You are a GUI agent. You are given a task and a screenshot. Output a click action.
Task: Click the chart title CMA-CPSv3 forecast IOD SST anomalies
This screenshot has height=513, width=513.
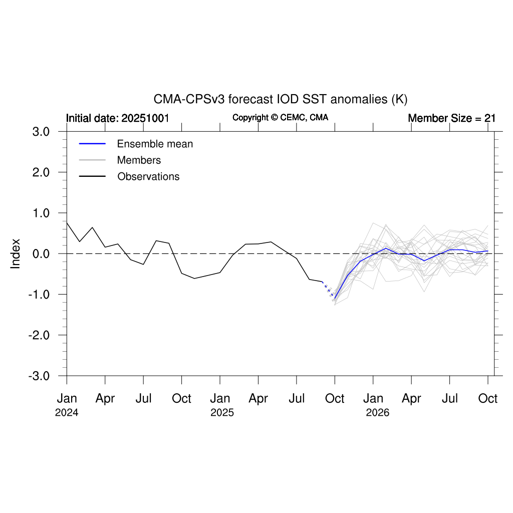280,99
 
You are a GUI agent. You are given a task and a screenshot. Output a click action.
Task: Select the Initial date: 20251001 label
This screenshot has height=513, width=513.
118,118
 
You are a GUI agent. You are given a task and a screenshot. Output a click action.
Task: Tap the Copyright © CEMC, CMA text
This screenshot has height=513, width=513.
281,117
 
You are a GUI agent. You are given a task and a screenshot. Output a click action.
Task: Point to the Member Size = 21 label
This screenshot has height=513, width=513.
451,118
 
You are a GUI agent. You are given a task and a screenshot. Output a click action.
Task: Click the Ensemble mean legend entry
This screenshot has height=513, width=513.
155,144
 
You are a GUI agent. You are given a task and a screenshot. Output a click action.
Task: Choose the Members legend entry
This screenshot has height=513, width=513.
139,160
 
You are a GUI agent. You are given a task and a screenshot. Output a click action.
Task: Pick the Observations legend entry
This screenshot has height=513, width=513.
148,177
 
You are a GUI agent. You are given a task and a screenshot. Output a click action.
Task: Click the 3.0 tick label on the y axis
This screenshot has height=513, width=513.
41,132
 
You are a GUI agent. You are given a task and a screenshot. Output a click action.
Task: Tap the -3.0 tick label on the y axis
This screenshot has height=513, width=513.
39,376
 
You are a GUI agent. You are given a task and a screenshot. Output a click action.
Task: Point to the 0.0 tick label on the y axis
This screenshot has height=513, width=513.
41,253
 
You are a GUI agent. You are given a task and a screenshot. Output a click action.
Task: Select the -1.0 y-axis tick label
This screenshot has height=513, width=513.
39,295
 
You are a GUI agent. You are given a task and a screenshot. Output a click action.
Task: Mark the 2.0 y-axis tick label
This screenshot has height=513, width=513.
41,172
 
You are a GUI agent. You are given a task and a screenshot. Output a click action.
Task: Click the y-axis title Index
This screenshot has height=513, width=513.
16,253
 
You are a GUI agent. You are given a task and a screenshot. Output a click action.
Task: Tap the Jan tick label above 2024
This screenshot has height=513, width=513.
67,399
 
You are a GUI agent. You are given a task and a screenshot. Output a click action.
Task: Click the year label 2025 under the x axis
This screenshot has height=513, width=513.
220,414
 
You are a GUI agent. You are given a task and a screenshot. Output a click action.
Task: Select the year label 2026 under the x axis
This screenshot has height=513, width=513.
373,414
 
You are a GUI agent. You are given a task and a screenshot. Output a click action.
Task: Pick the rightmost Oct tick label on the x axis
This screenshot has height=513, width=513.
488,399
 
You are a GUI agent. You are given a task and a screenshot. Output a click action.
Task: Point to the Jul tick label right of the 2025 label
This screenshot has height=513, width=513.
297,399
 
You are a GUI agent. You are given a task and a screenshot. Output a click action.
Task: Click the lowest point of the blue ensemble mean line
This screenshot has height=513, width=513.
335,299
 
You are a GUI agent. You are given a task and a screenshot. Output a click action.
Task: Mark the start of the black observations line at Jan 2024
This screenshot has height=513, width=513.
67,222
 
